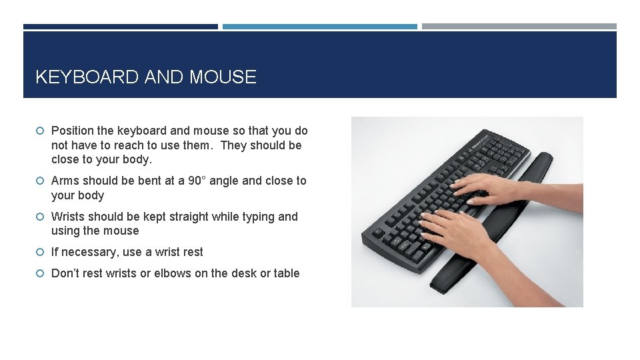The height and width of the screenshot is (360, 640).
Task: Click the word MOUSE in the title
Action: (223, 77)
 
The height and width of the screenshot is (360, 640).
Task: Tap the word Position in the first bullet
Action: (73, 131)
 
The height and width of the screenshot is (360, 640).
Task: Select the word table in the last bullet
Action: (285, 273)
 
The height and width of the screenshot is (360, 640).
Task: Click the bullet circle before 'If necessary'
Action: (41, 252)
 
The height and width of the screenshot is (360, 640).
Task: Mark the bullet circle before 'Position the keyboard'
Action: (41, 131)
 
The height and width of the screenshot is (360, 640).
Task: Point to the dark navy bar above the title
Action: (121, 27)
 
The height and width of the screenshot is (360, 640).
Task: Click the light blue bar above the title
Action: (320, 27)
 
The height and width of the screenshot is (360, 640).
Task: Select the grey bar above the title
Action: (519, 27)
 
